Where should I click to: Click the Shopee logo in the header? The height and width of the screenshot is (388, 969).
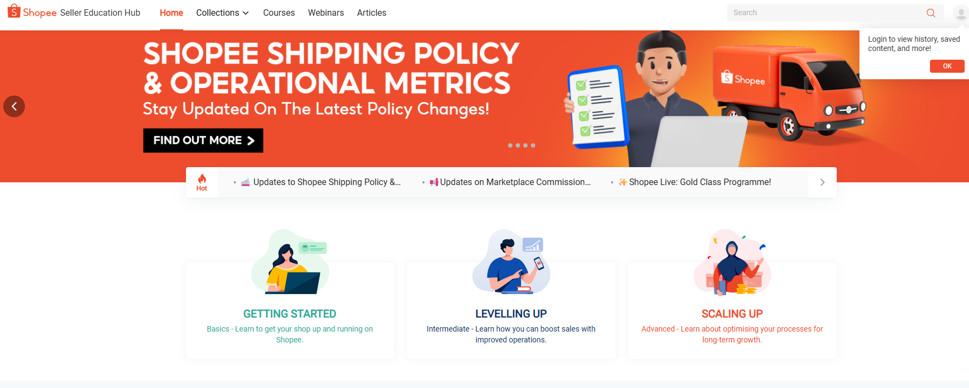[x=33, y=12]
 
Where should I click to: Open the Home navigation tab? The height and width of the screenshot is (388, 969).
[x=171, y=12]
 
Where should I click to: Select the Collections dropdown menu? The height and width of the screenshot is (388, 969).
[x=222, y=12]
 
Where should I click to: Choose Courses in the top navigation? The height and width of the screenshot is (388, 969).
[x=279, y=12]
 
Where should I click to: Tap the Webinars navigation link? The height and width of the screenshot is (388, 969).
[x=326, y=12]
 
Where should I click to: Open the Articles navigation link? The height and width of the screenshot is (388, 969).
[x=371, y=12]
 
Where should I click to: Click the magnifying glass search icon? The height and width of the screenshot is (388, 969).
[x=931, y=13]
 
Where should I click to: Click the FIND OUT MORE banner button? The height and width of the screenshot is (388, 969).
[x=203, y=141]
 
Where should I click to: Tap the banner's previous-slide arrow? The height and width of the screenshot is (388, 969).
[x=14, y=106]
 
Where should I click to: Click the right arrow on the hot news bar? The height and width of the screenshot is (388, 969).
[x=822, y=182]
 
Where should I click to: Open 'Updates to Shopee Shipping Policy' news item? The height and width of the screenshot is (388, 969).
[x=326, y=182]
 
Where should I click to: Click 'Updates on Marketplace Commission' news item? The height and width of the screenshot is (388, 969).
[x=515, y=182]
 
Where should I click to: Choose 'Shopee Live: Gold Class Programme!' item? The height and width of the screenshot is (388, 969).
[x=700, y=182]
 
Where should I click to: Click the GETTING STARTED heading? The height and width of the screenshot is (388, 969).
[x=290, y=314]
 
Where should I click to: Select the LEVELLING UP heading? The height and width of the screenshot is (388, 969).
[x=511, y=314]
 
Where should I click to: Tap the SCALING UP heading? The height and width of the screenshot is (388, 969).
[x=732, y=314]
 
